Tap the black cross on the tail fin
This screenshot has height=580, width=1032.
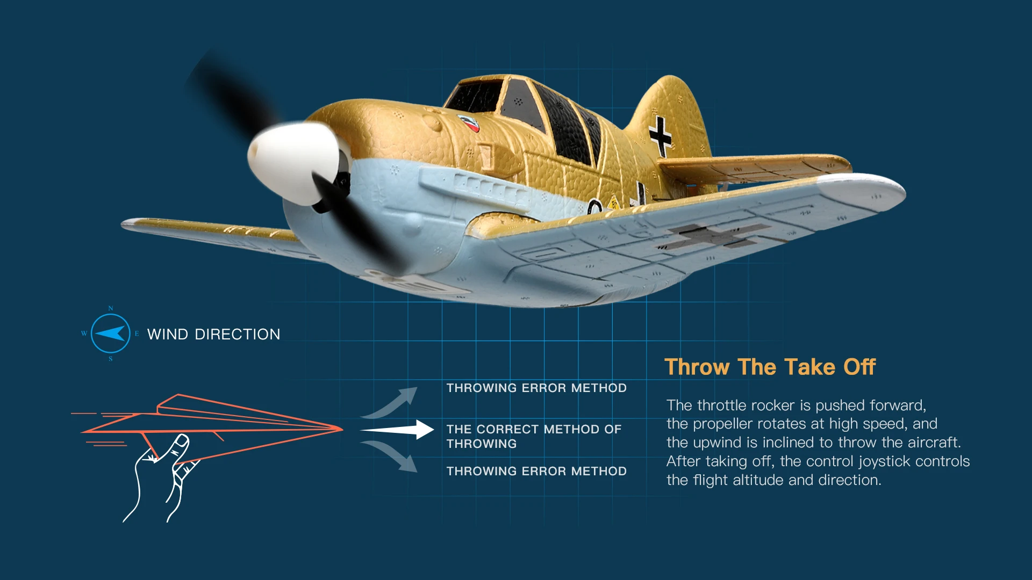(x=660, y=136)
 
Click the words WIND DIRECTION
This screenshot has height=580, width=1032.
(x=213, y=334)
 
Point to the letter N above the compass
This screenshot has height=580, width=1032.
(x=111, y=308)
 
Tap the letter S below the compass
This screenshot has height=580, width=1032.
(x=111, y=359)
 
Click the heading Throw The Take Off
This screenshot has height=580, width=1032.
(x=770, y=367)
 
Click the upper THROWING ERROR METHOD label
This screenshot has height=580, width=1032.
(x=536, y=388)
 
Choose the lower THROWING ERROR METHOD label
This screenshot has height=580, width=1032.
(x=536, y=471)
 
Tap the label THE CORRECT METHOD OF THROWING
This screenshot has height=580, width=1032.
(x=534, y=437)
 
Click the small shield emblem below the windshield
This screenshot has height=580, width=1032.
(x=469, y=123)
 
